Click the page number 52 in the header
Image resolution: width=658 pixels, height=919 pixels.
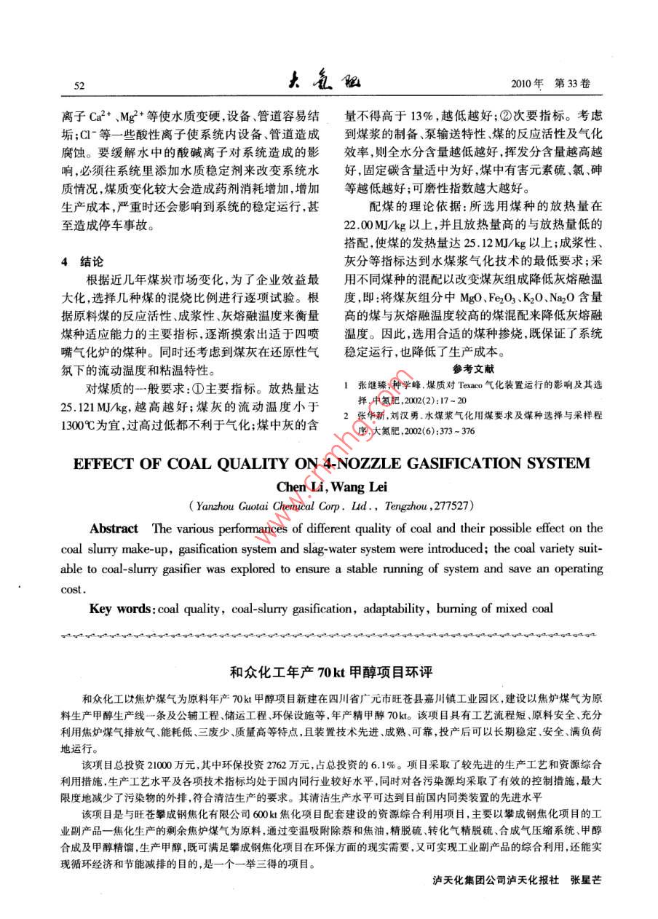[x=81, y=86]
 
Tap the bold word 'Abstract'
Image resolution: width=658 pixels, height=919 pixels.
[x=114, y=528]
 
